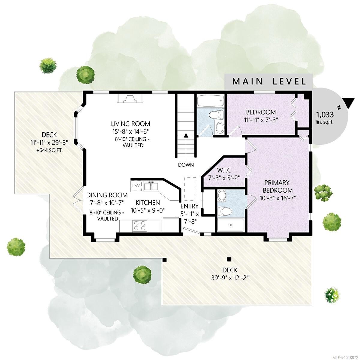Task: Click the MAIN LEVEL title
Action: click(x=269, y=81)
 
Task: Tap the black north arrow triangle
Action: click(x=349, y=103)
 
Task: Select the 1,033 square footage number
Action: click(x=325, y=115)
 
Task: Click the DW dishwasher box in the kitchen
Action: click(x=136, y=186)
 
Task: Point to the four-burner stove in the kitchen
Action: click(x=140, y=226)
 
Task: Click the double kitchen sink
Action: click(x=151, y=186)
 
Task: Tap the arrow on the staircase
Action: click(x=186, y=136)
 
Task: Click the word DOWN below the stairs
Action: click(x=186, y=165)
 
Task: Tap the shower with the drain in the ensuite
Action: click(x=231, y=225)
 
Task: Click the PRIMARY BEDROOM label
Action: click(x=277, y=186)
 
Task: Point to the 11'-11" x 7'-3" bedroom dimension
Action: click(x=261, y=119)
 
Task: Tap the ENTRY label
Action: click(x=190, y=206)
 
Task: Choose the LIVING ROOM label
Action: click(x=130, y=124)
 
